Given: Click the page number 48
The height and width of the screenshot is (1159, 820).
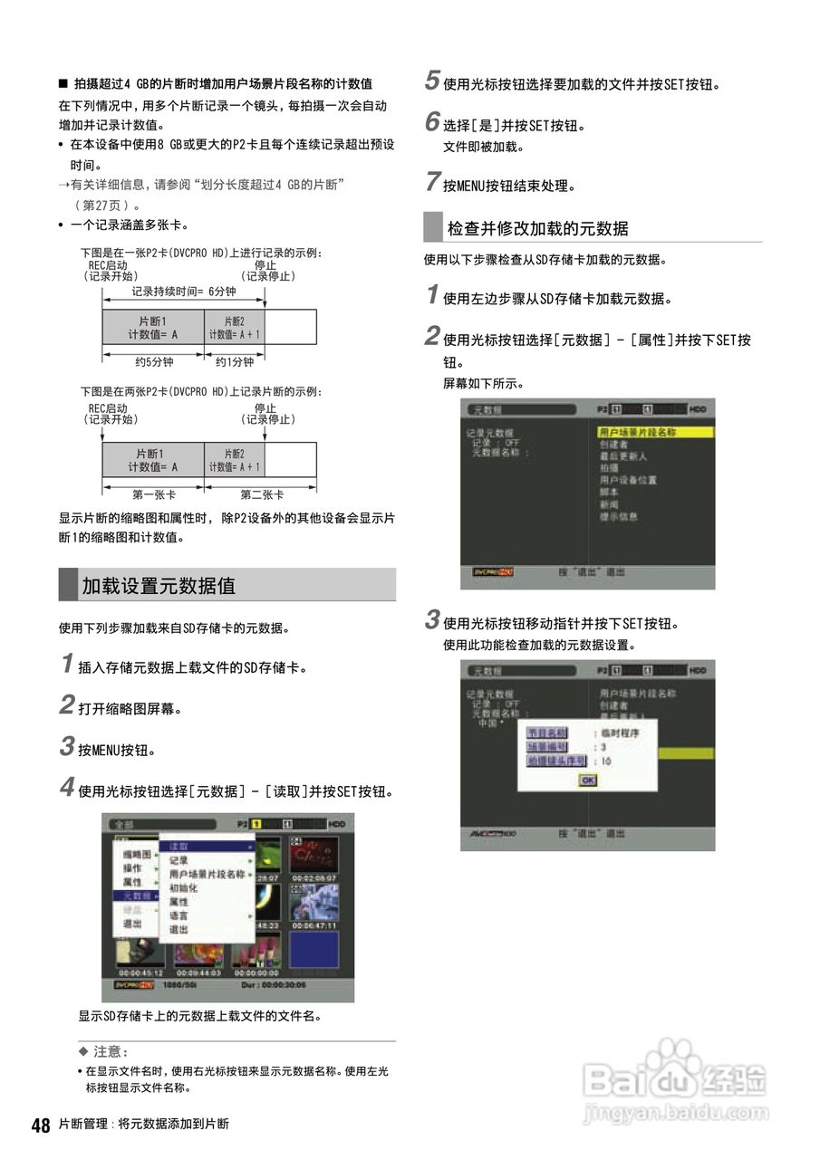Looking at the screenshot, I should pyautogui.click(x=41, y=1125).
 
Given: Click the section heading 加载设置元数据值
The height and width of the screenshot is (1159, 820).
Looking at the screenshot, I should pyautogui.click(x=159, y=586).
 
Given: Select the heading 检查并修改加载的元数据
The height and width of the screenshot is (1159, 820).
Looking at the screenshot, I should pyautogui.click(x=537, y=228).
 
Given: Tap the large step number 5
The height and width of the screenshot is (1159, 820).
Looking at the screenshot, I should pyautogui.click(x=432, y=81).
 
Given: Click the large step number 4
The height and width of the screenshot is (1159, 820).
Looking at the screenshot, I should pyautogui.click(x=66, y=788).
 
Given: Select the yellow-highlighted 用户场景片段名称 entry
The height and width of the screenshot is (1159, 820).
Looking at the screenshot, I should pyautogui.click(x=638, y=433).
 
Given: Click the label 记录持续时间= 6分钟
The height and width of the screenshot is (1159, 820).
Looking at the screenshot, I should pyautogui.click(x=183, y=292).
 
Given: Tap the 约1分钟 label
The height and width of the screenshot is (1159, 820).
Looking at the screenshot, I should pyautogui.click(x=235, y=362).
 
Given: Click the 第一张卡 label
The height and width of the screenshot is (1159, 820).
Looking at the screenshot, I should pyautogui.click(x=154, y=494).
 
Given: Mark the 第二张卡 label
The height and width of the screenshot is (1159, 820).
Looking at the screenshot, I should pyautogui.click(x=262, y=494).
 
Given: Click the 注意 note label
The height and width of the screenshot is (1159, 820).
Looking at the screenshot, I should pyautogui.click(x=110, y=1052).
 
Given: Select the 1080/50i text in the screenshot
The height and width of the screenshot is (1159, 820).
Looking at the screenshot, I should pyautogui.click(x=181, y=984).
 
